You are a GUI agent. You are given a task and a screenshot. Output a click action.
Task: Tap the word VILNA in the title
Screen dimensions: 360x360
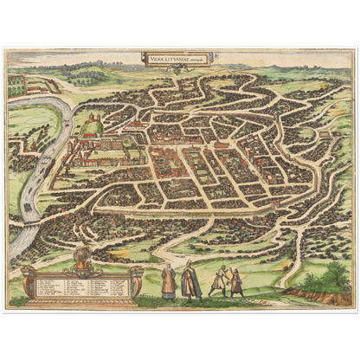click(x=156, y=59)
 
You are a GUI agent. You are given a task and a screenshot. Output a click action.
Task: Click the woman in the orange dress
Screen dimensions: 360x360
click(x=170, y=282)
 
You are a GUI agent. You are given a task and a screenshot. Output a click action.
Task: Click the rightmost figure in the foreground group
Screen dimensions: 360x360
click(x=236, y=281)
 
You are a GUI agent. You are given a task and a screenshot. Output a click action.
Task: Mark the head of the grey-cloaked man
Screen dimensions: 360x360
click(x=190, y=264)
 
